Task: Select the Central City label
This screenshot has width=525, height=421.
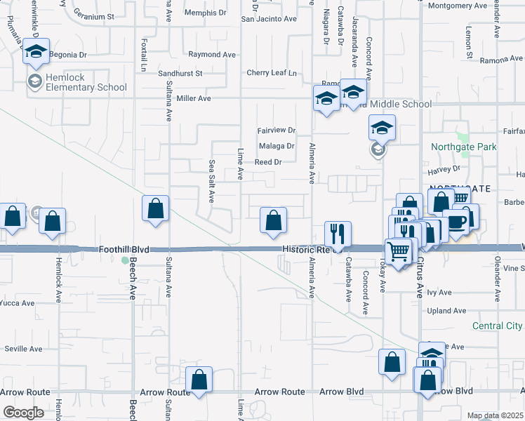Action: click(x=497, y=326)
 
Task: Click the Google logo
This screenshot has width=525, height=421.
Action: click(x=23, y=413)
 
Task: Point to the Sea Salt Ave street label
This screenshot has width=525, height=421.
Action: click(x=211, y=180)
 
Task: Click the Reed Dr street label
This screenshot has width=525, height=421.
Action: click(x=267, y=162)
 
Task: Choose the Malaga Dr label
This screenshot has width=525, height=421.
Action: click(x=277, y=146)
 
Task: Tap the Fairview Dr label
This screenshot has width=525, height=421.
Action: click(x=277, y=131)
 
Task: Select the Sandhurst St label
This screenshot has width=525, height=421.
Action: click(x=180, y=73)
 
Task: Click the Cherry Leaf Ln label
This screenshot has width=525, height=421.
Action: click(x=272, y=73)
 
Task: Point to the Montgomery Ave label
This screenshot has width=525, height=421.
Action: click(x=457, y=6)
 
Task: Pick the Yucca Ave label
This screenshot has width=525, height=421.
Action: click(x=17, y=304)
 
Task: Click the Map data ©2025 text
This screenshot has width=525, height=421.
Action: click(x=495, y=415)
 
